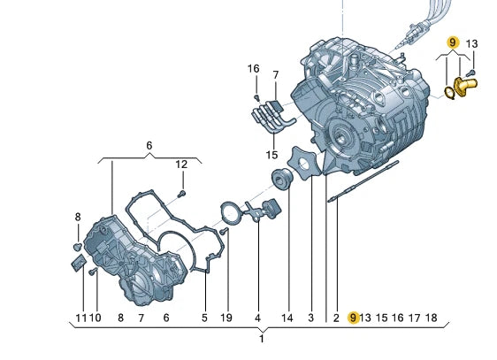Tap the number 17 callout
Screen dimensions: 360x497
coord(415,317)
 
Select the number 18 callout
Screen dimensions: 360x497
coord(431,317)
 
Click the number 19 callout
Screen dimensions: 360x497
coord(226,317)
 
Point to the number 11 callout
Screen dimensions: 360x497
coord(80,317)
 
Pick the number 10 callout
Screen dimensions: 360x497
coord(96,317)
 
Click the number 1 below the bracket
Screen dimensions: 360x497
coord(262,340)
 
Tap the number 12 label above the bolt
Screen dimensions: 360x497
coord(180,164)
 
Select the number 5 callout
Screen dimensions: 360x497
coord(203,317)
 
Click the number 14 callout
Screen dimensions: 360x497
coord(287,317)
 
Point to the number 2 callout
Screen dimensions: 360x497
coord(336,317)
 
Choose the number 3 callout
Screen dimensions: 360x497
coord(311,317)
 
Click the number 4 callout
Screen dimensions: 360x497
coord(257,317)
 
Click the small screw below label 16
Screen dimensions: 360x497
coord(256,96)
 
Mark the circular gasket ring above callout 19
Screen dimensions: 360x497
coord(231,212)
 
